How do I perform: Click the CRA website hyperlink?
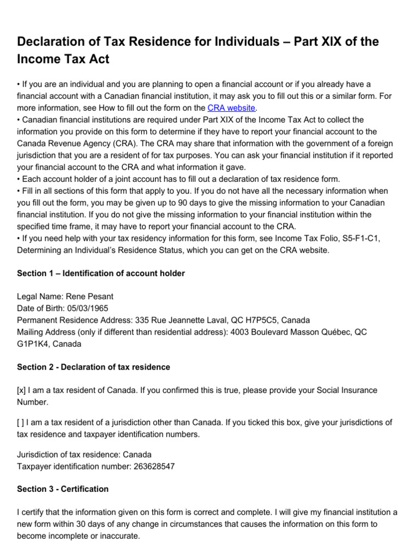tap(231, 108)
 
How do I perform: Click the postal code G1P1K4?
tap(36, 344)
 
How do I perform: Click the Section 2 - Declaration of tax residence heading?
tap(94, 367)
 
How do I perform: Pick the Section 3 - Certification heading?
tap(63, 489)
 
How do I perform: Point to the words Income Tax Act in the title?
tap(63, 59)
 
